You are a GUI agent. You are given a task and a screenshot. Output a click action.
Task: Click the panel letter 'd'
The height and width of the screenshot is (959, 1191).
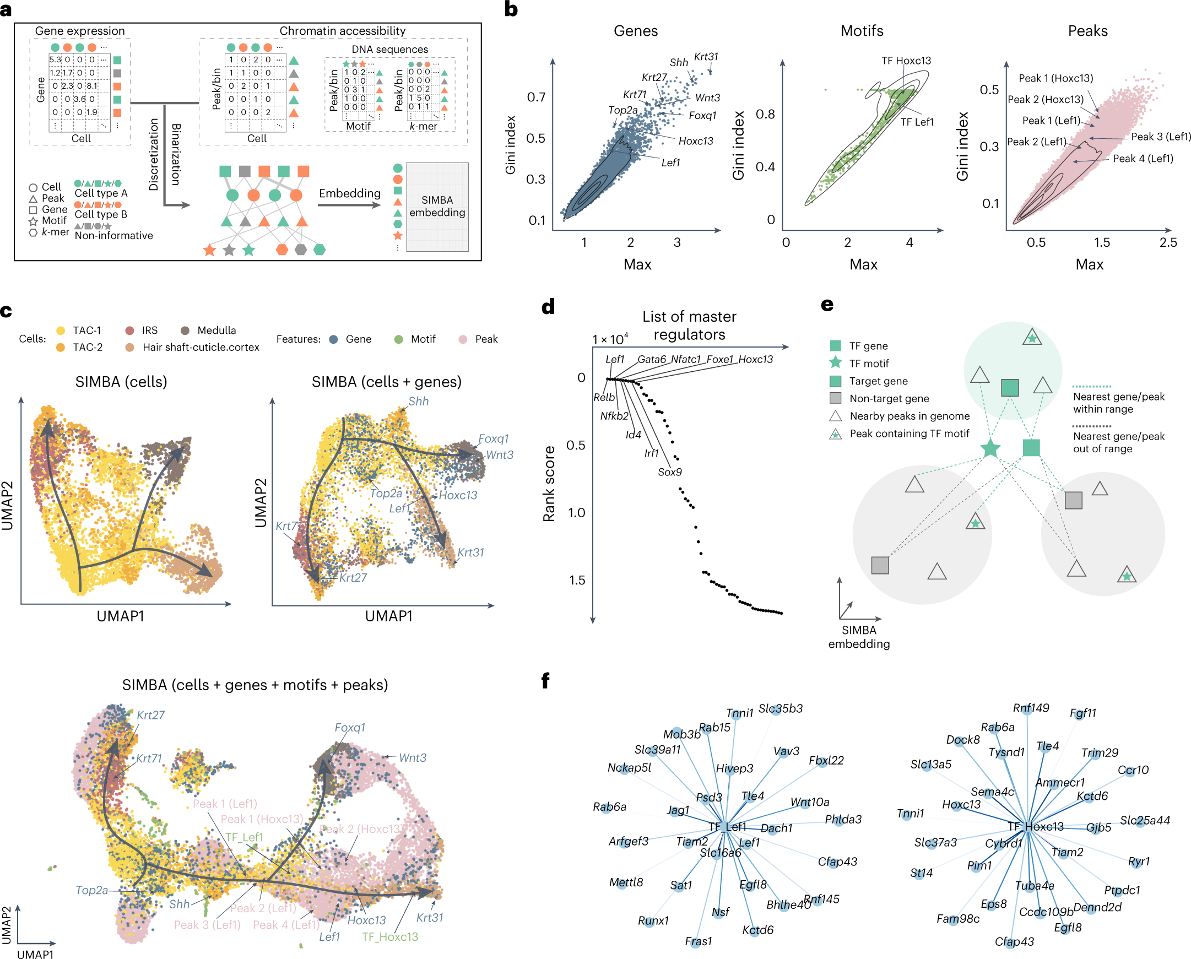pos(548,307)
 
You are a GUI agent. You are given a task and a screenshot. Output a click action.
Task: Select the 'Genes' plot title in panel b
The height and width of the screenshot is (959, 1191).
pos(635,31)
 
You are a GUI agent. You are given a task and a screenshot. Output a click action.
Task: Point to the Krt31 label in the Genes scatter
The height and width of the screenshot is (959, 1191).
pos(706,56)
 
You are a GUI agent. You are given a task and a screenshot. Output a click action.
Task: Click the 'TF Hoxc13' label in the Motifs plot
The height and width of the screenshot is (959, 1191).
pos(906,60)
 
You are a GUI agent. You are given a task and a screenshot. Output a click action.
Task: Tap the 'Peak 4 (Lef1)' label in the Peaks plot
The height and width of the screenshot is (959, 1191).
pos(1143,159)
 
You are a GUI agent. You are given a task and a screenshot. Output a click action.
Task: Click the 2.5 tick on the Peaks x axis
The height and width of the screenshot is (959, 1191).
pos(1168,242)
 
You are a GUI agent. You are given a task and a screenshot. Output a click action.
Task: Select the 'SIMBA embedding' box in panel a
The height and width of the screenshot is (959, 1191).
pos(437,207)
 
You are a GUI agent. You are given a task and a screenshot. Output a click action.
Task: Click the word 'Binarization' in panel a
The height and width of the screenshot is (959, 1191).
pos(176,154)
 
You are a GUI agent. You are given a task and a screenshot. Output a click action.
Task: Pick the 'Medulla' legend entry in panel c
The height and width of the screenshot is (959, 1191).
pos(216,330)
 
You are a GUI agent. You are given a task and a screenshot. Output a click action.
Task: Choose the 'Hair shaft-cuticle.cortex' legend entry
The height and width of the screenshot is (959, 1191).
pos(201,347)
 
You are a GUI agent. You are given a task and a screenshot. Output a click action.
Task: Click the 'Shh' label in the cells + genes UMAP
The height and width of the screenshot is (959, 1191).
pos(418,401)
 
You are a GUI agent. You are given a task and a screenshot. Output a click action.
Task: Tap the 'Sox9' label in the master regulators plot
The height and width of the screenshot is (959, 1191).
pos(669,472)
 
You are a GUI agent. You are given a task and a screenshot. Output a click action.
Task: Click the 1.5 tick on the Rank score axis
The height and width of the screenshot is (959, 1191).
pos(577,580)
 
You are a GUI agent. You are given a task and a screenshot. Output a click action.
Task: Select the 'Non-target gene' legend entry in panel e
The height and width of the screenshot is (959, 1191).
pos(889,398)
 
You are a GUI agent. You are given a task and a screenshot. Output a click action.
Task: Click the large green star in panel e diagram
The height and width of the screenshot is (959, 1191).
pos(990,448)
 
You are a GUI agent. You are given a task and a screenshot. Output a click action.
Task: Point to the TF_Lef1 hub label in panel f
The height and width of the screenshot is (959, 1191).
pos(727,827)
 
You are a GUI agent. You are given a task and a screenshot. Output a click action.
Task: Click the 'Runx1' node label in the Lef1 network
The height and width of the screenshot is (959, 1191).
pos(653,921)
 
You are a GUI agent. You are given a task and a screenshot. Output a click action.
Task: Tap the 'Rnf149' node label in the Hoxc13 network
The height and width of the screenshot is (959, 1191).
pos(1031,708)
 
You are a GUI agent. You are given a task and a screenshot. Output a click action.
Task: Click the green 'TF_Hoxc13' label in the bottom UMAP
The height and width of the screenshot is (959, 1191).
pos(389,937)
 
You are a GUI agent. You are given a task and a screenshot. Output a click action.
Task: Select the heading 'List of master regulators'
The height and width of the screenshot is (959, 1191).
pos(689,325)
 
